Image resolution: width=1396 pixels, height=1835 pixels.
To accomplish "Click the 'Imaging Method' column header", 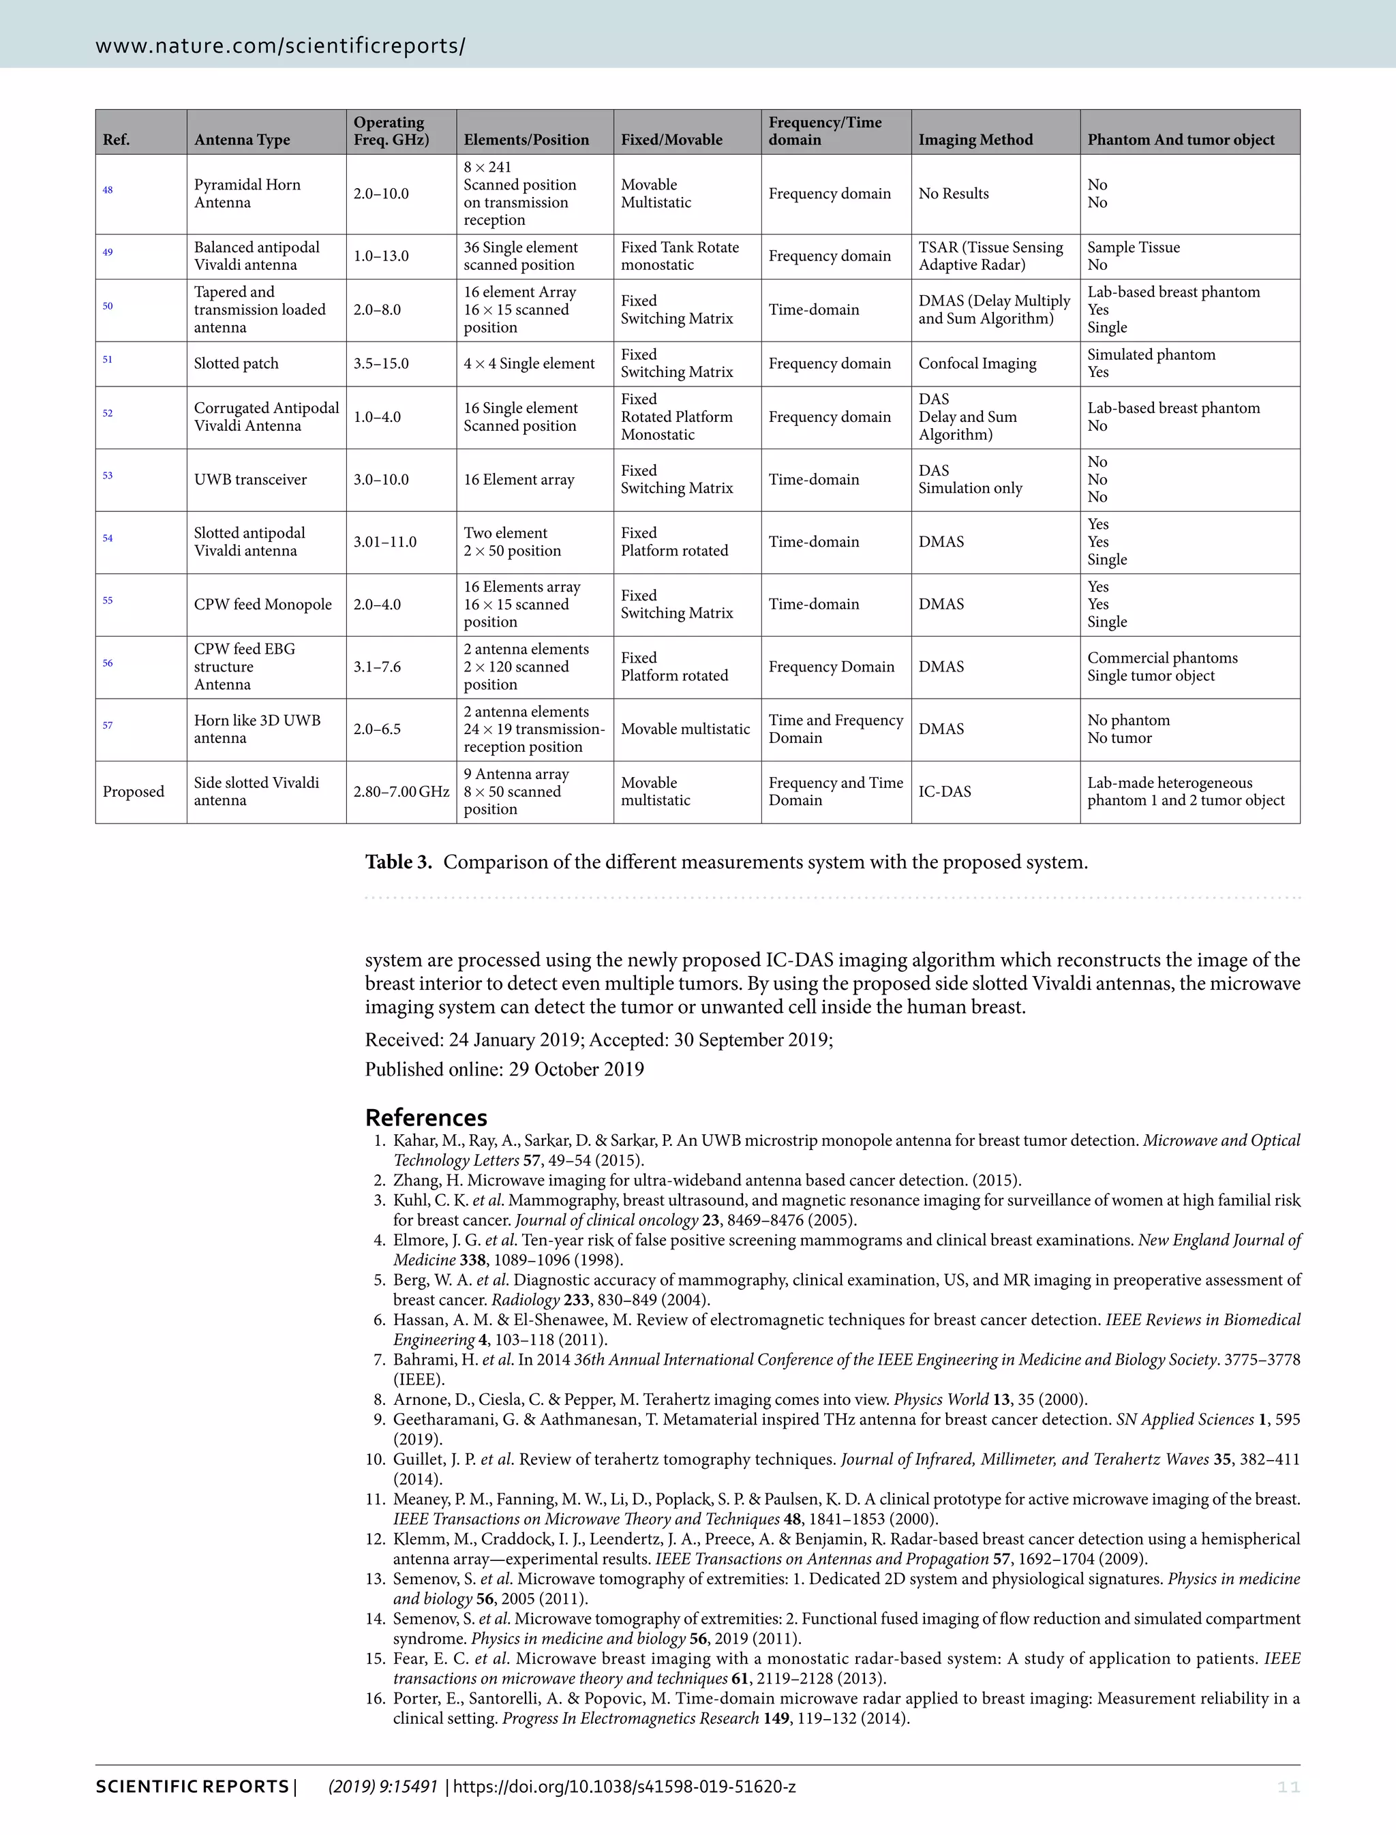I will pyautogui.click(x=975, y=140).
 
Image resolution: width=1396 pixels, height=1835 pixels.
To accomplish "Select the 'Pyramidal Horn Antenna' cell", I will pyautogui.click(x=247, y=194).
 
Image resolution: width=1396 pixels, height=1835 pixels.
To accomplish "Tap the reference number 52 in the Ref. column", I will pyautogui.click(x=107, y=413).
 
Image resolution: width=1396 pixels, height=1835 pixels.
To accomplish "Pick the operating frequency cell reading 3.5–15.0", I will pyautogui.click(x=380, y=364).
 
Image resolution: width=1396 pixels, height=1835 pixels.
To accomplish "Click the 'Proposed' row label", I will pyautogui.click(x=133, y=791).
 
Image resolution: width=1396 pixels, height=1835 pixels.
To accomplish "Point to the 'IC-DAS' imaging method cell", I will pyautogui.click(x=944, y=791).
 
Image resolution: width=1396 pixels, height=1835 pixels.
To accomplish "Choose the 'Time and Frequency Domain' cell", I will pyautogui.click(x=834, y=729).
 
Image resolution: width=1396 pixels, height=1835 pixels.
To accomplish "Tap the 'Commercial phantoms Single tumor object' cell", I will pyautogui.click(x=1162, y=667).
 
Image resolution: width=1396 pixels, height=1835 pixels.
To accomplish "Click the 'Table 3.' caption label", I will pyautogui.click(x=399, y=862).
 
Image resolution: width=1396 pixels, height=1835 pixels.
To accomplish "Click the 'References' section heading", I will pyautogui.click(x=425, y=1117).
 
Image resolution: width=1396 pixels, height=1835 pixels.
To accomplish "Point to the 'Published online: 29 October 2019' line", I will pyautogui.click(x=504, y=1069).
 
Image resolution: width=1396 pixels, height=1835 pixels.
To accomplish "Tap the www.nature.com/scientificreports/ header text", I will pyautogui.click(x=280, y=46).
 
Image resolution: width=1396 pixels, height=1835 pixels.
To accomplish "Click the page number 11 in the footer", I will pyautogui.click(x=1288, y=1787).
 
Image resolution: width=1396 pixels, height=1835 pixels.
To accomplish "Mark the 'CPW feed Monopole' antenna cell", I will pyautogui.click(x=262, y=604).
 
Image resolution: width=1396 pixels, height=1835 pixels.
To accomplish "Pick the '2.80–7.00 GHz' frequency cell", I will pyautogui.click(x=401, y=791).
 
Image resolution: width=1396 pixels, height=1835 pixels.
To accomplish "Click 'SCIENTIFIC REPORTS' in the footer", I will pyautogui.click(x=192, y=1787).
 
